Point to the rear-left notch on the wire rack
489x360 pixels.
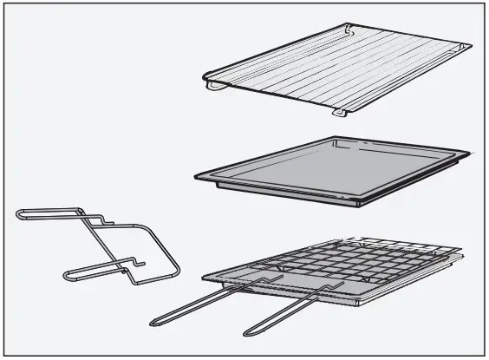349,29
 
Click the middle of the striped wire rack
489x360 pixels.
338,69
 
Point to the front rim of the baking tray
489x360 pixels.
277,193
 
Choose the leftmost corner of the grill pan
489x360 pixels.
204,278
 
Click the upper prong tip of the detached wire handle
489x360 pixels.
19,213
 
